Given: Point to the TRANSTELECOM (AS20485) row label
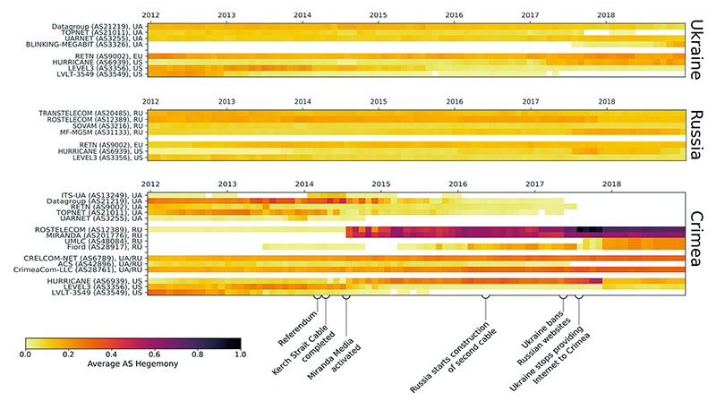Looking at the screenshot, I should pos(80,113).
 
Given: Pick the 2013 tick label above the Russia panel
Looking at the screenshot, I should pos(226,101).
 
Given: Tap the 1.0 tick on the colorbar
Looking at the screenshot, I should pos(239,354).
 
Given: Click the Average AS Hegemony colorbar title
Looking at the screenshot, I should pos(132,366).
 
